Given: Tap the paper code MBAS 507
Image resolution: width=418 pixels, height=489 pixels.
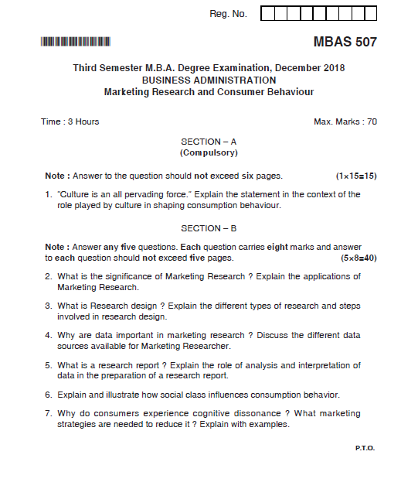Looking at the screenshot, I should tap(345, 42).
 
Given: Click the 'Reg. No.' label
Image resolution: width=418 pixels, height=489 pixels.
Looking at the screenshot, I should tap(228, 14).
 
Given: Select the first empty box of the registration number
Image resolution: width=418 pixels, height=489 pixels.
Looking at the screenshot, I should tap(267, 14).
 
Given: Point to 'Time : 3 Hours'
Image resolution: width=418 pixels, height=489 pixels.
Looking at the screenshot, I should tap(70, 121).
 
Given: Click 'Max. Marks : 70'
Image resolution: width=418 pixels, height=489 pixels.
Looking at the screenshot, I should tap(345, 121).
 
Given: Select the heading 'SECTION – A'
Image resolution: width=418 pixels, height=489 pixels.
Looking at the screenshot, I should tap(209, 142).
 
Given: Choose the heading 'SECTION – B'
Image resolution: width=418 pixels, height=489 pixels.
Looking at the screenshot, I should tap(209, 228).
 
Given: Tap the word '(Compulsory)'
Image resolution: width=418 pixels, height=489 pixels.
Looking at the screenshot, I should tap(209, 152).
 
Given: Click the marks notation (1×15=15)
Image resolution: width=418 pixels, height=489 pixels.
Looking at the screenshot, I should tap(356, 176).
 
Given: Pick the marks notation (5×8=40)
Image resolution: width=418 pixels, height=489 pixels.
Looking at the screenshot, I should tap(359, 258).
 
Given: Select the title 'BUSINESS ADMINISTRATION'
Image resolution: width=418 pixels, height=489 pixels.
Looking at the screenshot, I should tap(209, 80).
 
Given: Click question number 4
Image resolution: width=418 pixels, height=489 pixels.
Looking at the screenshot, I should tap(48, 335).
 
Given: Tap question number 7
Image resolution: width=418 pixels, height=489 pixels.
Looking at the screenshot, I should tap(48, 413).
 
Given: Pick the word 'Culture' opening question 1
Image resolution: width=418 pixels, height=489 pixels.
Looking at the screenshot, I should tap(76, 194).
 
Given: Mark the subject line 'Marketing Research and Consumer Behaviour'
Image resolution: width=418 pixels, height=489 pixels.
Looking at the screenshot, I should tap(209, 91).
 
